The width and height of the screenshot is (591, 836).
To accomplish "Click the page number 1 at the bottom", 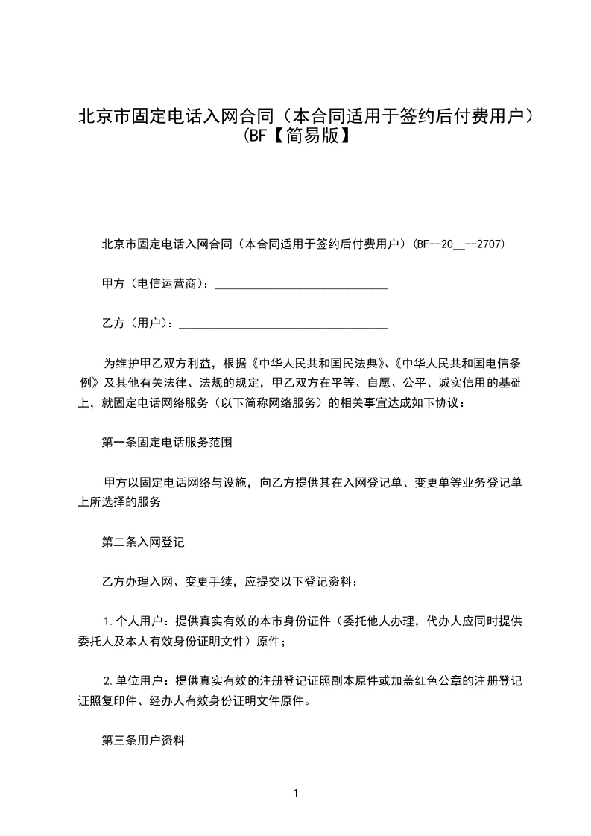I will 296,794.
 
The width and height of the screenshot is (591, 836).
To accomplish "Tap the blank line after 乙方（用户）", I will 283,324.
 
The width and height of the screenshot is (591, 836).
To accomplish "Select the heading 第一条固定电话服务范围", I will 166,443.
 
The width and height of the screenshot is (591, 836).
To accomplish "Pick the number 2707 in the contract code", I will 491,244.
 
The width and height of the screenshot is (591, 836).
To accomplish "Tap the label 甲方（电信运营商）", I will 157,285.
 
